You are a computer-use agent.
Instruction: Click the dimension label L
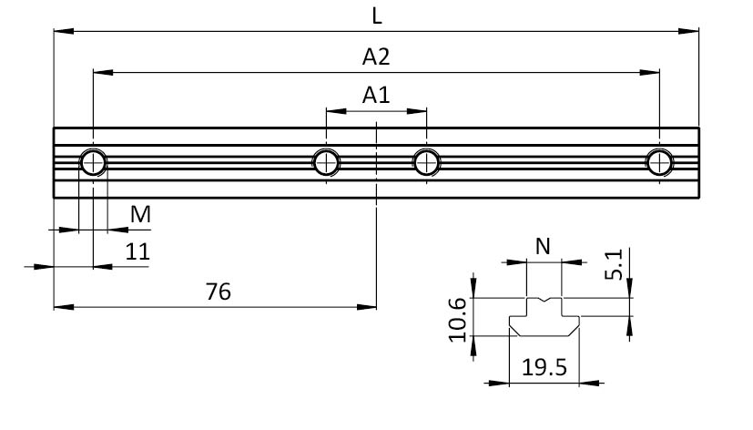coord(377,16)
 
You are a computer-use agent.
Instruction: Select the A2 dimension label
coord(376,56)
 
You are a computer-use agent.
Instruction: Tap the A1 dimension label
coord(376,95)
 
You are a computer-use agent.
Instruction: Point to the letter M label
coord(140,214)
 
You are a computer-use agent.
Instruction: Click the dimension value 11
coord(137,251)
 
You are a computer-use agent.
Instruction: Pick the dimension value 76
coord(218,292)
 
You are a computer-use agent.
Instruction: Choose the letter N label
coord(543,247)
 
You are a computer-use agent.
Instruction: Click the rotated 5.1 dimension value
coord(614,264)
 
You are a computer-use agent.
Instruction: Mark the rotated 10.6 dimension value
coord(457,320)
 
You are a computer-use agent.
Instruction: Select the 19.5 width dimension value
coord(544,367)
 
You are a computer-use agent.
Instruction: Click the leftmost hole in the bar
coord(93,163)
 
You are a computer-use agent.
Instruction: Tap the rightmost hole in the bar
coord(659,162)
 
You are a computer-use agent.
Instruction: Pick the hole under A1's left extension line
coord(326,162)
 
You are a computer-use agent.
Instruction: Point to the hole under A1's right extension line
coord(426,162)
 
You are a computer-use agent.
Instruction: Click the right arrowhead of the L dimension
coord(688,31)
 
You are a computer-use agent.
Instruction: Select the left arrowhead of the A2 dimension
coord(103,73)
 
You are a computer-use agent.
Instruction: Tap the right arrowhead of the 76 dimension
coord(366,307)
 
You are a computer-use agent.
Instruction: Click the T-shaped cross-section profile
coord(544,317)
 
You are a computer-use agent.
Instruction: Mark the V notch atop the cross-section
coord(544,301)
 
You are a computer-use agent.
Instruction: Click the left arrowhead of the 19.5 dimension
coord(498,383)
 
